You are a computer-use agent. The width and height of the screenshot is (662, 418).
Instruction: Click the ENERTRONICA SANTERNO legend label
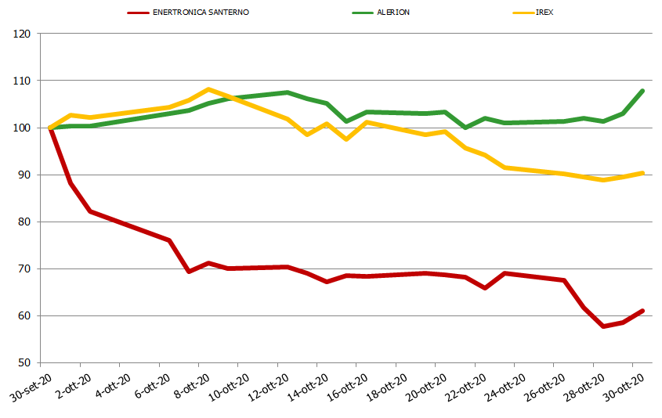[x=202, y=13]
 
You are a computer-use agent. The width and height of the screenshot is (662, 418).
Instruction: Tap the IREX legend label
[x=544, y=13]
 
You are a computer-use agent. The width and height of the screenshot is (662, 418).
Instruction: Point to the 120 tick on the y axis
[x=22, y=34]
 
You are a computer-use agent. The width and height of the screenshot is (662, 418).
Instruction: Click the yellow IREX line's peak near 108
[x=208, y=89]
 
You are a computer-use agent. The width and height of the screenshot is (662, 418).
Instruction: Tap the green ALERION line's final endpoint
[x=642, y=91]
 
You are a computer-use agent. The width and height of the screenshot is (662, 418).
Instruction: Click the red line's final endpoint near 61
[x=642, y=311]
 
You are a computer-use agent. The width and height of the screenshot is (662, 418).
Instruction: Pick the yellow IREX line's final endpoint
[x=642, y=173]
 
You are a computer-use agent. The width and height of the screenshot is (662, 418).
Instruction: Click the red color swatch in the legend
[x=139, y=13]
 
